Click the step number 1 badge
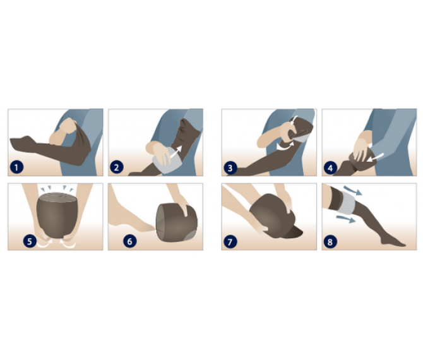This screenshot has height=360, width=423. pyautogui.click(x=16, y=167)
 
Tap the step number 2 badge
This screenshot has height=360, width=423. pyautogui.click(x=117, y=167)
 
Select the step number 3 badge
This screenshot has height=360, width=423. pyautogui.click(x=230, y=168)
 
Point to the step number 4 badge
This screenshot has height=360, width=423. pyautogui.click(x=330, y=168)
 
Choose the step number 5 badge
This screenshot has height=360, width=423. pyautogui.click(x=30, y=241)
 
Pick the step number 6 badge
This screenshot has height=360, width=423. pyautogui.click(x=130, y=241)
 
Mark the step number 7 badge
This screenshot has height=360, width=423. pyautogui.click(x=230, y=241)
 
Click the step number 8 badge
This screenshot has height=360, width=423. pyautogui.click(x=330, y=241)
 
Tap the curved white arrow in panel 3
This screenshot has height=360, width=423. pyautogui.click(x=285, y=146)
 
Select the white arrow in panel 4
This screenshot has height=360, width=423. pyautogui.click(x=375, y=158)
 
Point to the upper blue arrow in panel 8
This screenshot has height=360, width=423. pyautogui.click(x=352, y=190)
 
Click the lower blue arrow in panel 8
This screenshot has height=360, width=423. pyautogui.click(x=346, y=219)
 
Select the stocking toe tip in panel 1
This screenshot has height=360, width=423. pyautogui.click(x=11, y=140)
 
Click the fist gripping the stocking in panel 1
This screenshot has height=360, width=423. pyautogui.click(x=68, y=126)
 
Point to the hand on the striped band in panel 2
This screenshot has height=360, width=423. pyautogui.click(x=159, y=152)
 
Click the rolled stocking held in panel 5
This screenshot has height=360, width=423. pyautogui.click(x=57, y=215)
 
